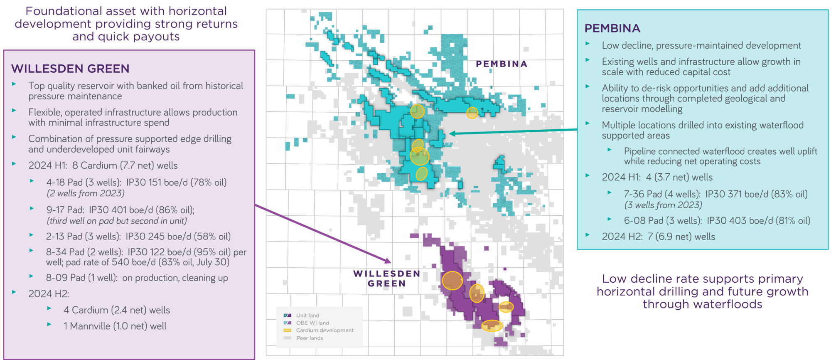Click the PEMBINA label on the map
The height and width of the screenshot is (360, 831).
[x=502, y=64]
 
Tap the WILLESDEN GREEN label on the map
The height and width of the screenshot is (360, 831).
[x=386, y=279]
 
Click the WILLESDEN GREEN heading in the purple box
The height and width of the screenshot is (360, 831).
[x=70, y=69]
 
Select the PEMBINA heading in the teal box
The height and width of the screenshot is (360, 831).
[x=612, y=28]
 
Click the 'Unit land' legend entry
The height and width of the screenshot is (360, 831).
[x=307, y=316]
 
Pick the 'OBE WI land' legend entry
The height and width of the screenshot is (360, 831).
[x=312, y=323]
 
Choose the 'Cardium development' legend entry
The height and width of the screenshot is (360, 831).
[x=325, y=330]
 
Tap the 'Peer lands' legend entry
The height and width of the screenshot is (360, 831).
[x=310, y=338]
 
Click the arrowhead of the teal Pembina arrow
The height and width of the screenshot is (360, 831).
[x=452, y=133]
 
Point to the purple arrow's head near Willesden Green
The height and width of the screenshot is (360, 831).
[x=388, y=261]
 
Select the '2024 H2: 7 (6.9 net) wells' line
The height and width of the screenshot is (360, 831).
[x=658, y=237]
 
